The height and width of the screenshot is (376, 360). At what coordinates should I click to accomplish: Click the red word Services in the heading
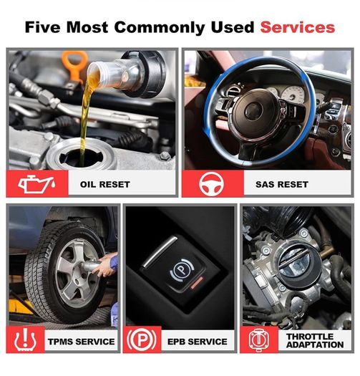pos(298,27)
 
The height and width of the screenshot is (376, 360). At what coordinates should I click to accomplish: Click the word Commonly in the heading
pos(160,28)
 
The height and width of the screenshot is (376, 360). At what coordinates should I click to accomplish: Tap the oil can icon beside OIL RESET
pos(37,183)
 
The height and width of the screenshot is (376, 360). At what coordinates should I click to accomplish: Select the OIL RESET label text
pos(105,184)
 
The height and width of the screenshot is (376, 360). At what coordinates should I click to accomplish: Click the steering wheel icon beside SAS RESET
pos(211,184)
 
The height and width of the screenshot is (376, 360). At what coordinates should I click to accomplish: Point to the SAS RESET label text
pos(282,184)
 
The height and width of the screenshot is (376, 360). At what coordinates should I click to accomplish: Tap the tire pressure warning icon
pos(25,339)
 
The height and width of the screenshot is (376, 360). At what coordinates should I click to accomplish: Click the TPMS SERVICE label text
pos(82,342)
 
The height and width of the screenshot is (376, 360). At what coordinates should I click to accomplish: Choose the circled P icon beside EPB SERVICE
pos(142,339)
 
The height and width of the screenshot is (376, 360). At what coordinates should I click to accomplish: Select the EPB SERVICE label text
pos(198,342)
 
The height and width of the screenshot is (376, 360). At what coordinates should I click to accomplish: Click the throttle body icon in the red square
pos(259,339)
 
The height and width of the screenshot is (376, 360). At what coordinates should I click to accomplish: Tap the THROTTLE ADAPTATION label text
pos(315,340)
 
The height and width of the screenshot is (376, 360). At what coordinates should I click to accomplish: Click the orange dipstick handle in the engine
pos(74,64)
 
